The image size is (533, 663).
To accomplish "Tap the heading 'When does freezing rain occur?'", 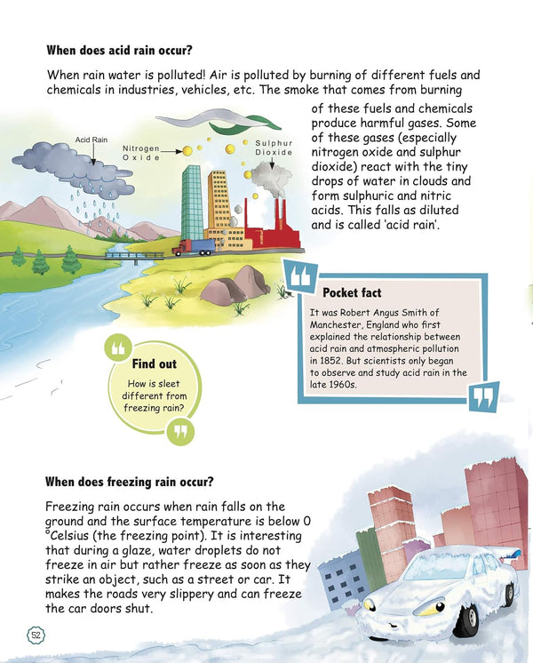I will [x=129, y=483].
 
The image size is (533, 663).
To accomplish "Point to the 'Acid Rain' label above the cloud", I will [x=91, y=140].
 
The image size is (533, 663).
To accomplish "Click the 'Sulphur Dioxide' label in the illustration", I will [x=274, y=148].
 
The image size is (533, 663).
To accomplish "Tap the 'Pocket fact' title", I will [x=353, y=292].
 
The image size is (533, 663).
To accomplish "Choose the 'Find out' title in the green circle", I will [x=154, y=363].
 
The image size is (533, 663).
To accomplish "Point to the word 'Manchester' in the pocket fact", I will [x=338, y=324].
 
